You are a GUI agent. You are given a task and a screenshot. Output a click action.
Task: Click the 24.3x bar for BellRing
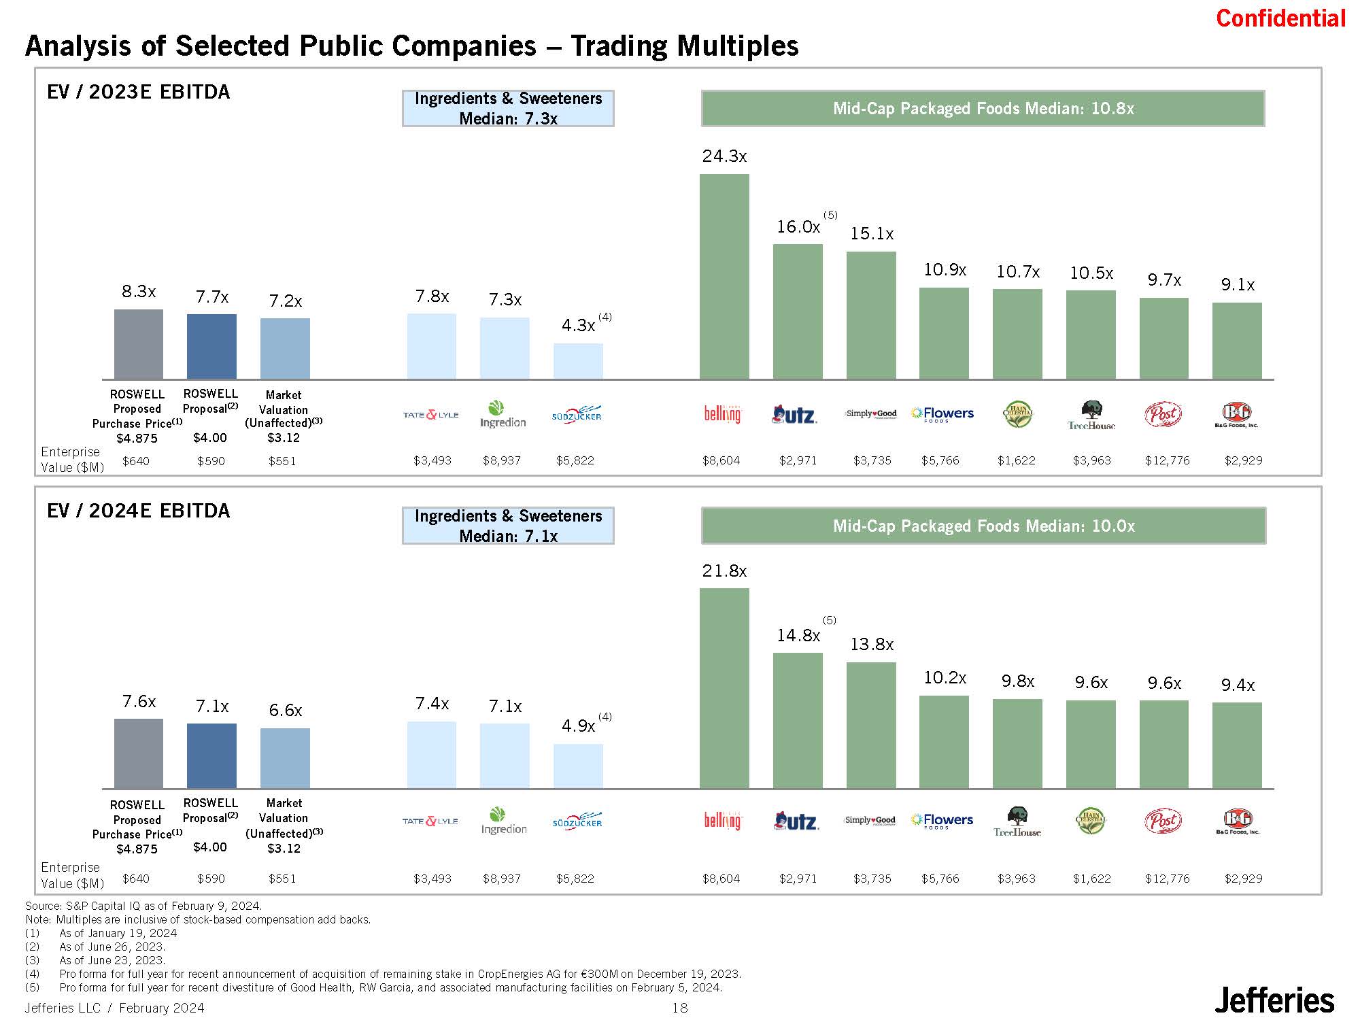tap(724, 276)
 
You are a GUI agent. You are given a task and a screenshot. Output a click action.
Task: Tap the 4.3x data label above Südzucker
tap(578, 326)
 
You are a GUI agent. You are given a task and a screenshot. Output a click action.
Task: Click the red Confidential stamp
tap(1280, 18)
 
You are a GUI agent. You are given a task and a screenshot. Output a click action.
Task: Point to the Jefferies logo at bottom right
tap(1274, 1000)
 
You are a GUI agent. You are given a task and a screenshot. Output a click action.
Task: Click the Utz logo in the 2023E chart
tap(795, 414)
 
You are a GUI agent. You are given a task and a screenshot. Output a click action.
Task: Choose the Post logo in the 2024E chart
tap(1163, 821)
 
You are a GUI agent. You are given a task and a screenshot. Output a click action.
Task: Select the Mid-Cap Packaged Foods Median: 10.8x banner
tap(983, 109)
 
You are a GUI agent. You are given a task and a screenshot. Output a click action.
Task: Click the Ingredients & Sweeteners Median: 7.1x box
tap(508, 526)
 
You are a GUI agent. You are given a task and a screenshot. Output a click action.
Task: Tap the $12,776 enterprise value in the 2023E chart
tap(1168, 460)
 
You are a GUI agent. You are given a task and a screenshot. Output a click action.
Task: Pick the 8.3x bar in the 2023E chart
tap(139, 344)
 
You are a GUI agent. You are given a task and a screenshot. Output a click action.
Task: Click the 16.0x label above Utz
tap(798, 227)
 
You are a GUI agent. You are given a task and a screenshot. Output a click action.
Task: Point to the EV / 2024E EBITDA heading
tap(139, 511)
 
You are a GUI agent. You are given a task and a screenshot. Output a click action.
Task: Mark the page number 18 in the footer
tap(680, 1008)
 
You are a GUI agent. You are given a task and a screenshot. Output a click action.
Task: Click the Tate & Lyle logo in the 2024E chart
tap(430, 821)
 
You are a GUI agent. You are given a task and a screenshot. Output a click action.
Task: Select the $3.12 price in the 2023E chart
tap(283, 438)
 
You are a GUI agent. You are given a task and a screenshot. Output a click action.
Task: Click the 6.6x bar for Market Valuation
tap(285, 758)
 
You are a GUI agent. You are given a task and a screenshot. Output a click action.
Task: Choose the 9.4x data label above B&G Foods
tap(1238, 685)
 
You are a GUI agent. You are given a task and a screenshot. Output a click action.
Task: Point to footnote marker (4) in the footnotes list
tap(32, 974)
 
